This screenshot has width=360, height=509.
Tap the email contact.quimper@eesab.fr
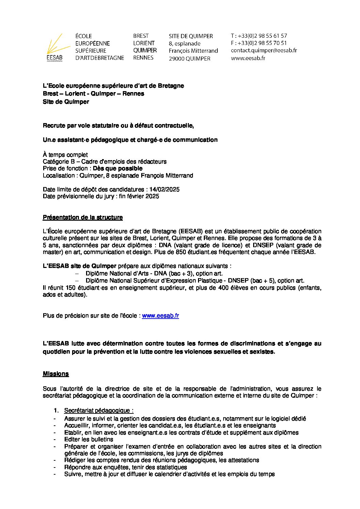pyautogui.click(x=264, y=50)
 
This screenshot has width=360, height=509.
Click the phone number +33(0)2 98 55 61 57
pyautogui.click(x=262, y=36)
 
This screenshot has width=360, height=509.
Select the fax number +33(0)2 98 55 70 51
pyautogui.click(x=262, y=43)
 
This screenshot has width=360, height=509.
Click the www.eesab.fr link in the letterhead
pyautogui.click(x=248, y=58)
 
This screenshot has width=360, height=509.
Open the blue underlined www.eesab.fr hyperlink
pyautogui.click(x=160, y=316)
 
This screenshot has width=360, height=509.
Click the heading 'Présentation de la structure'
pyautogui.click(x=83, y=217)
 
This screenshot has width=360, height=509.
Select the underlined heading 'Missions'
pyautogui.click(x=56, y=374)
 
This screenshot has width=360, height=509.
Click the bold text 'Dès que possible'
pyautogui.click(x=118, y=169)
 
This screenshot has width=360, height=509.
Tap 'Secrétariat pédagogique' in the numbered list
pyautogui.click(x=99, y=411)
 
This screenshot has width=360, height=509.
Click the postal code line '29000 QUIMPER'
pyautogui.click(x=190, y=58)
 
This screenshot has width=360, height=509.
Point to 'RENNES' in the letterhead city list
pyautogui.click(x=143, y=58)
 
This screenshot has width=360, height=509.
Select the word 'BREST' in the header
pyautogui.click(x=141, y=36)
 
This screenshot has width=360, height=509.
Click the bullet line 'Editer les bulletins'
pyautogui.click(x=88, y=439)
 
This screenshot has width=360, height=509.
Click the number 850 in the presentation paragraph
pyautogui.click(x=180, y=252)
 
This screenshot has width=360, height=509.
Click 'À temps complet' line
pyautogui.click(x=65, y=155)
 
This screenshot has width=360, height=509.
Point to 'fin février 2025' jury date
pyautogui.click(x=139, y=196)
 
